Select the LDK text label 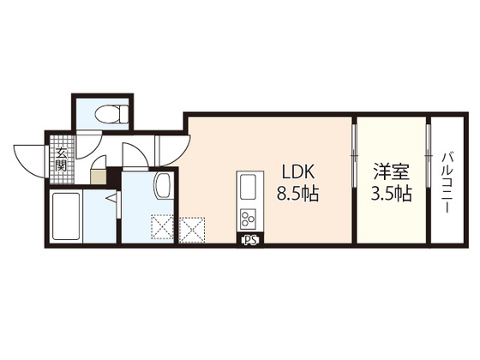(297, 172)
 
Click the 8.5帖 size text (298, 194)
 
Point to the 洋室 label (392, 172)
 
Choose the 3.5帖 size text (392, 194)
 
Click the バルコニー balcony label (447, 183)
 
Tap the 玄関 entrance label (61, 159)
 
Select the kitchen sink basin (248, 187)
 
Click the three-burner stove (249, 218)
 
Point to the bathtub (67, 216)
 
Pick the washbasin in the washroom (164, 186)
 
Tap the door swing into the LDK (173, 151)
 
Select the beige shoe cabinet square (99, 177)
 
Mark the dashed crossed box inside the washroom (162, 227)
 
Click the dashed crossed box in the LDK (192, 230)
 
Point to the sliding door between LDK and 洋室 (354, 155)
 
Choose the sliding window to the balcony (429, 155)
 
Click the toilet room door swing (89, 145)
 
